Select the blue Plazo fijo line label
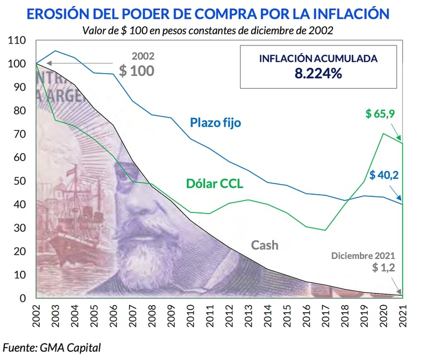point(215,123)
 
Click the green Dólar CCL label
point(215,184)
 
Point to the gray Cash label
point(264,245)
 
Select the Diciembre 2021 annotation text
point(363,256)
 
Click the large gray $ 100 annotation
point(137,70)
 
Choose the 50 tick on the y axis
point(21,181)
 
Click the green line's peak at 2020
point(383,134)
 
